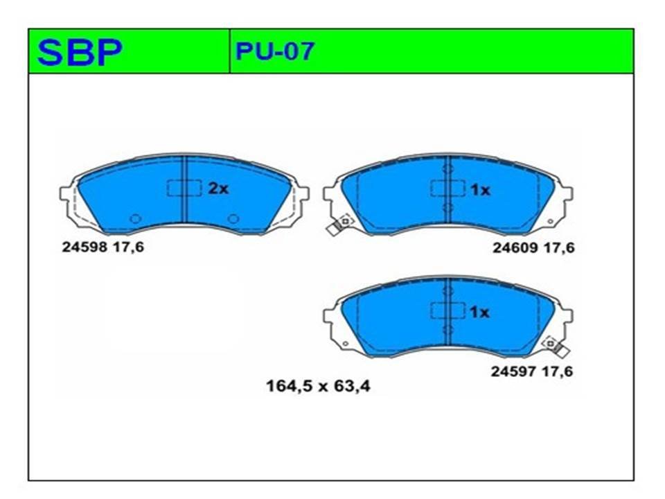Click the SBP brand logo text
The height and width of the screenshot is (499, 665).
80,52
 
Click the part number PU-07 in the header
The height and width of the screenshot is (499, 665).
275,51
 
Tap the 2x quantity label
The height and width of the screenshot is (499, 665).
218,189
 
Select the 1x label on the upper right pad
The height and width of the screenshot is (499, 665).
480,190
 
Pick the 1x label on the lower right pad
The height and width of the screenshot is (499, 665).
479,313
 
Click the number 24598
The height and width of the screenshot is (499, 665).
85,247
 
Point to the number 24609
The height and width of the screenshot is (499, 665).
515,248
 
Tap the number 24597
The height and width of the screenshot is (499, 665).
513,371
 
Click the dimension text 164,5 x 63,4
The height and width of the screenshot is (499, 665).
318,386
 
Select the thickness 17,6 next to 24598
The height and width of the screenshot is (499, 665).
127,247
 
